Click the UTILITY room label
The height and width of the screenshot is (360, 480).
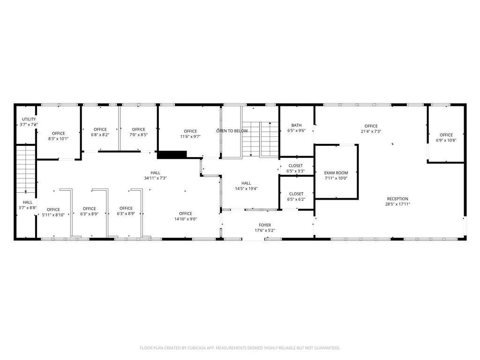(x=29, y=120)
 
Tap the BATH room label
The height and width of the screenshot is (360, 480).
(x=296, y=125)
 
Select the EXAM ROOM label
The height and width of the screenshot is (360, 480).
(x=336, y=173)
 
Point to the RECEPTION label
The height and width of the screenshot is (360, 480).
(x=397, y=199)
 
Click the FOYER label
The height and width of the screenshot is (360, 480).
(x=265, y=225)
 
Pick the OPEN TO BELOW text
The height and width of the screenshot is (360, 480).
(x=232, y=131)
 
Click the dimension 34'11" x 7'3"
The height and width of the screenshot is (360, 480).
(x=156, y=178)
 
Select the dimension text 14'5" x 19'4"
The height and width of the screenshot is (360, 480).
(x=246, y=189)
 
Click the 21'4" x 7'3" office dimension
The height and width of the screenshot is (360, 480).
(x=371, y=132)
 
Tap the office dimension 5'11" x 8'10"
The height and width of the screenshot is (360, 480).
(x=53, y=215)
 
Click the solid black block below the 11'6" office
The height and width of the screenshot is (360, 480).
(x=172, y=155)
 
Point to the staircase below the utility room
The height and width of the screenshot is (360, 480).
(x=26, y=169)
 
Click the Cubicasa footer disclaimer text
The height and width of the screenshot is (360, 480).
(x=240, y=348)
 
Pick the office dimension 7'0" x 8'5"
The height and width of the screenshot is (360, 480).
(x=139, y=135)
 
